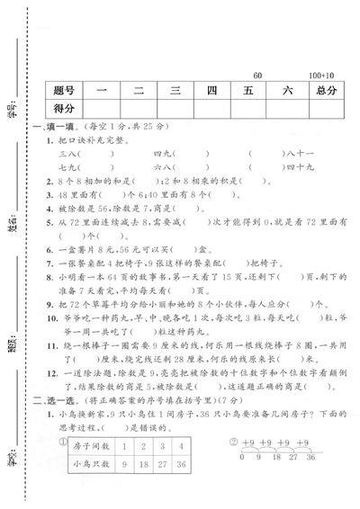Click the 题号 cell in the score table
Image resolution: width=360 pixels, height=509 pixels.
coord(65,91)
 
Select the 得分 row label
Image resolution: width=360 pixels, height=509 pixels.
coord(65,110)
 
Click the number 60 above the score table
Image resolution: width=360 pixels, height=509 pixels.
coord(258,74)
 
